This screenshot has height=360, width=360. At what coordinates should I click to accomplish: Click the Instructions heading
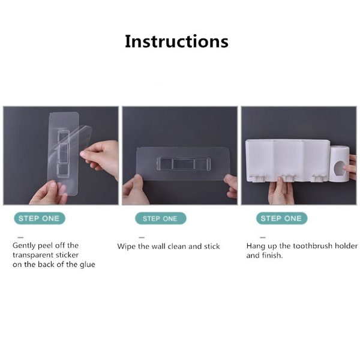176,41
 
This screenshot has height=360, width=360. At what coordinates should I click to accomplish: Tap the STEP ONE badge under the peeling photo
40,218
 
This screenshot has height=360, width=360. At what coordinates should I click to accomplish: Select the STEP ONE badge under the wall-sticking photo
160,218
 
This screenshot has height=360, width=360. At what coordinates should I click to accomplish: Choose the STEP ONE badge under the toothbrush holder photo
282,218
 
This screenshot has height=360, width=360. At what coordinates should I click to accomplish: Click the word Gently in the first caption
24,245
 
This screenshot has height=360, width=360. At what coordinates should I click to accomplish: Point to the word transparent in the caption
32,255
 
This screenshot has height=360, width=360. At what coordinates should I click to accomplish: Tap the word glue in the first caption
88,265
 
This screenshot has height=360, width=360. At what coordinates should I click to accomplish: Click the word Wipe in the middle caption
126,247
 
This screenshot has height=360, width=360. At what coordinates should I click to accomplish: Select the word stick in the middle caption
212,247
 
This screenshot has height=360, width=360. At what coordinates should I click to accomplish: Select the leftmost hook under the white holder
257,178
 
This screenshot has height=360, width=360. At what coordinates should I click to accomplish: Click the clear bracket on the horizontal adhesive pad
184,164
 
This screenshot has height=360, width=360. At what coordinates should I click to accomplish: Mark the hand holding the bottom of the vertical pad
49,193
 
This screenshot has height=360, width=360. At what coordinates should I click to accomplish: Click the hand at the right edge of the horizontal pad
231,186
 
